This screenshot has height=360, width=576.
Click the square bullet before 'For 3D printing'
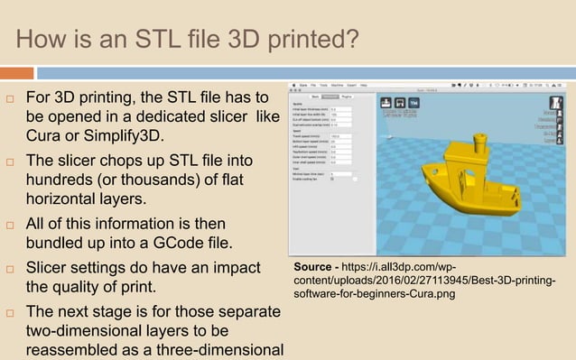coord(10,97)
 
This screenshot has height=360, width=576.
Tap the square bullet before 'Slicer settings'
coord(10,269)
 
